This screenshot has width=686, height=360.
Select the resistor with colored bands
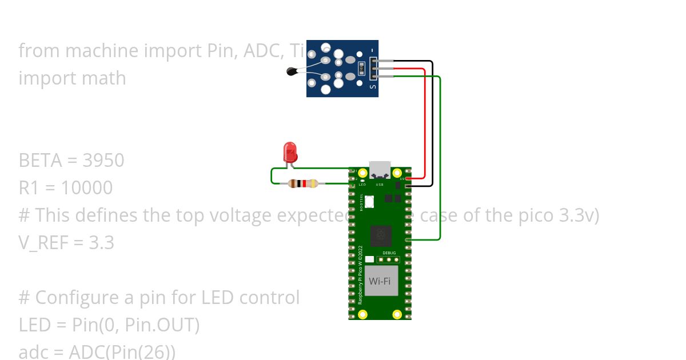pos(303,183)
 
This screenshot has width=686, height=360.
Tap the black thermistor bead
pos(292,71)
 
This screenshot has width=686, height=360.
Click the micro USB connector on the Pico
pos(380,170)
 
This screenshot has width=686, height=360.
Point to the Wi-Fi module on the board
pos(380,281)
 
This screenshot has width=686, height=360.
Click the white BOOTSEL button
pos(370,201)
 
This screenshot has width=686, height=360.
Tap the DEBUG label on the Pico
pos(389,252)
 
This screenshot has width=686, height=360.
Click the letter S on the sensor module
pos(373,87)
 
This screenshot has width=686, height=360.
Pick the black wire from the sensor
pos(432,126)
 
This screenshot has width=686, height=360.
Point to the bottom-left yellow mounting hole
pos(362,314)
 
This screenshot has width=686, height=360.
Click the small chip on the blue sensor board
pos(361,70)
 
